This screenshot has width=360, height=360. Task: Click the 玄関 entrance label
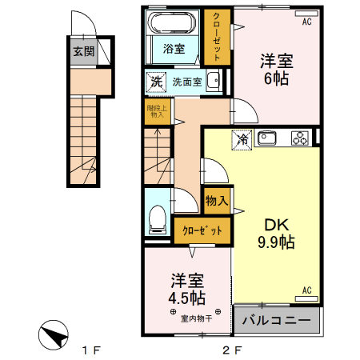coord(82,52)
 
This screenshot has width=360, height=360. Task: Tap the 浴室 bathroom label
coord(174,49)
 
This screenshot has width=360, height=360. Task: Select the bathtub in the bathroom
coord(174,24)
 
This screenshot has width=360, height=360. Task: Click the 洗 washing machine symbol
coord(157,81)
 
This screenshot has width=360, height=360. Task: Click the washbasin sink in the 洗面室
coord(214,81)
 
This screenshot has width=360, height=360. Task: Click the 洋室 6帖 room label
coord(274,69)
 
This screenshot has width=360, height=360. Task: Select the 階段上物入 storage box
coord(156,111)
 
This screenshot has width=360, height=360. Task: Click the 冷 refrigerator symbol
coord(242,139)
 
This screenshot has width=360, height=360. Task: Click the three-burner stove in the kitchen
coord(300,138)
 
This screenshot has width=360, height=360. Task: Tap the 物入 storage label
coord(217,199)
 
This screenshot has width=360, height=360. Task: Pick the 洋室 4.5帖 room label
coord(186,289)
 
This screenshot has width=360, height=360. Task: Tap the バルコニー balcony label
coord(276,320)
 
